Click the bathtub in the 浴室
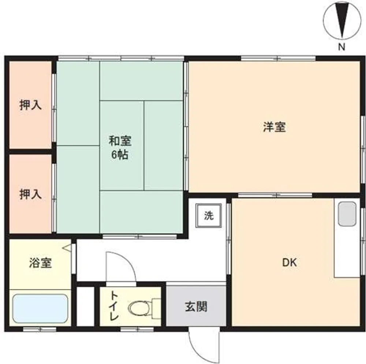(x=40, y=308)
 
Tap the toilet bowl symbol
(x=139, y=308)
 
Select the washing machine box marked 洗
(x=209, y=215)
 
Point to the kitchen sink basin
(x=347, y=214)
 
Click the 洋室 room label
(x=274, y=127)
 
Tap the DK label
(x=290, y=263)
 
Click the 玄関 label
(x=196, y=307)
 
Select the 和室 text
(x=120, y=141)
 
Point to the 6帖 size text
(x=120, y=154)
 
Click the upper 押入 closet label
(x=31, y=105)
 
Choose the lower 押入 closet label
(x=31, y=194)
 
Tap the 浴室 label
(x=40, y=263)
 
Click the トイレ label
(x=114, y=306)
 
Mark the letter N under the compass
(x=341, y=47)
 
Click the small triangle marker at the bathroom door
(x=67, y=248)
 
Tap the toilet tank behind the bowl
(x=156, y=308)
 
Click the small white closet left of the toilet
(x=85, y=306)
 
